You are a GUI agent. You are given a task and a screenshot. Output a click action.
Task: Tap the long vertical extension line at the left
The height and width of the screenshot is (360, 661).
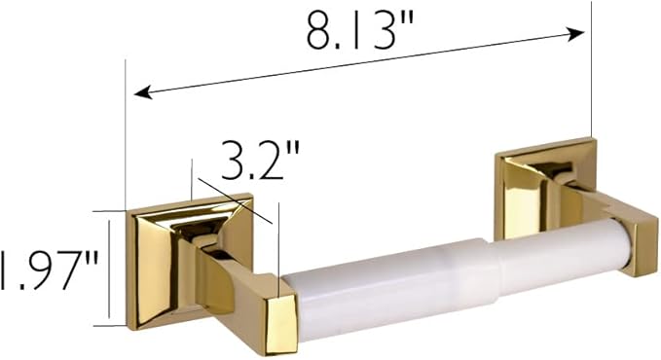click(126, 136)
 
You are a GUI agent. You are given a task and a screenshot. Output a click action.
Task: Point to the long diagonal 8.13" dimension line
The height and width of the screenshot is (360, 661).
click(360, 63)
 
